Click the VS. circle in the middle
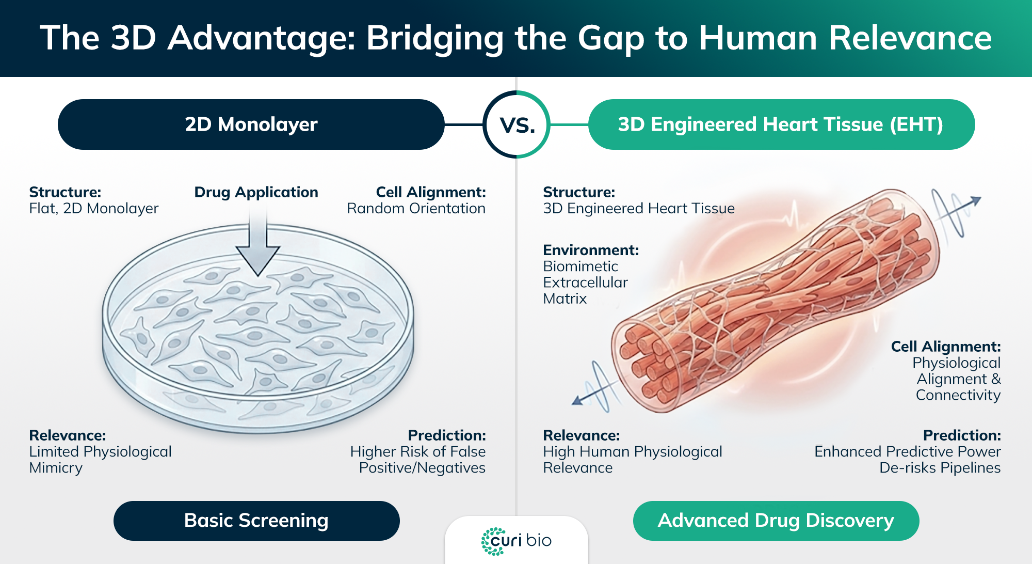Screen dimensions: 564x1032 (517, 124)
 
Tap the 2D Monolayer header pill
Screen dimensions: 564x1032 (251, 124)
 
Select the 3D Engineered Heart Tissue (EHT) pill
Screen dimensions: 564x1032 (781, 124)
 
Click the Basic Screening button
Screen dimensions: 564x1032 (256, 521)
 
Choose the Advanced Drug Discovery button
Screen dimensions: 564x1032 (776, 521)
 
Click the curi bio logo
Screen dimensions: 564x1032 (516, 541)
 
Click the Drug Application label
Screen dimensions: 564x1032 (256, 192)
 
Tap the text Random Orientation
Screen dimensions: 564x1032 (416, 209)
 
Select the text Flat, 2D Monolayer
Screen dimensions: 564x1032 (93, 209)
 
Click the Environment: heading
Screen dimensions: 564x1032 (591, 250)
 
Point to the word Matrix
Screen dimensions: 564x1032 (565, 299)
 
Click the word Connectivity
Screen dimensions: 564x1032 (958, 395)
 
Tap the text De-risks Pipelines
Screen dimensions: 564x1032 (940, 468)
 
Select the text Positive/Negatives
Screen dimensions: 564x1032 (422, 468)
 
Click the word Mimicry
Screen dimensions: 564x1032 (56, 468)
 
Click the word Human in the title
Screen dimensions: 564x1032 (757, 38)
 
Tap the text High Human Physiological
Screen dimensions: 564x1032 (632, 452)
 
